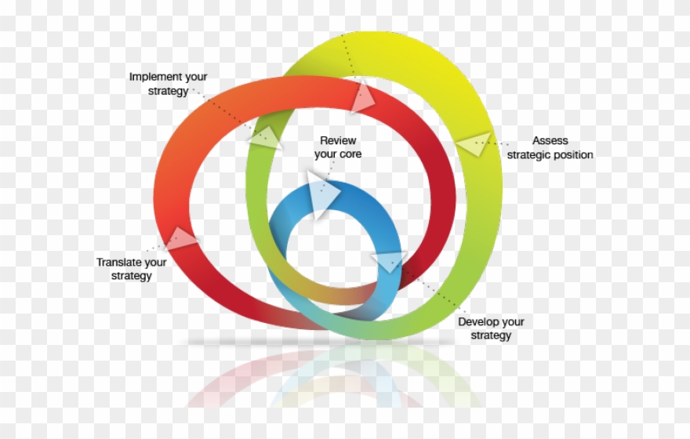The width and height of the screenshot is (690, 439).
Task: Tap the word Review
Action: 338,140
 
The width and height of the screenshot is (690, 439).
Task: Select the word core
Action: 351,154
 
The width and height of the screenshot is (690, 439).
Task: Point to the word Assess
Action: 550,141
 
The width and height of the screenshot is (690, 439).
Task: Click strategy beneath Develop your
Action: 491,336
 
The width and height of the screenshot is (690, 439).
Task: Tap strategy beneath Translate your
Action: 132,276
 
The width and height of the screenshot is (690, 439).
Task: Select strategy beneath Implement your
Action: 168,91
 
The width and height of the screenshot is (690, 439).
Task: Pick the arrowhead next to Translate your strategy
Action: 180,238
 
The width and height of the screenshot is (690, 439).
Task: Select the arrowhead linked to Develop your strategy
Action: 390,261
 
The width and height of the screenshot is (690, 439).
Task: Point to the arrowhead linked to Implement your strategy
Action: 265,137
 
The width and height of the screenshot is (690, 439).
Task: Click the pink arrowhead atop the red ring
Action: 362,96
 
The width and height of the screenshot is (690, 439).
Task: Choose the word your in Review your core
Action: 325,154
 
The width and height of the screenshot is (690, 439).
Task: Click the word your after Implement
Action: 196,77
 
